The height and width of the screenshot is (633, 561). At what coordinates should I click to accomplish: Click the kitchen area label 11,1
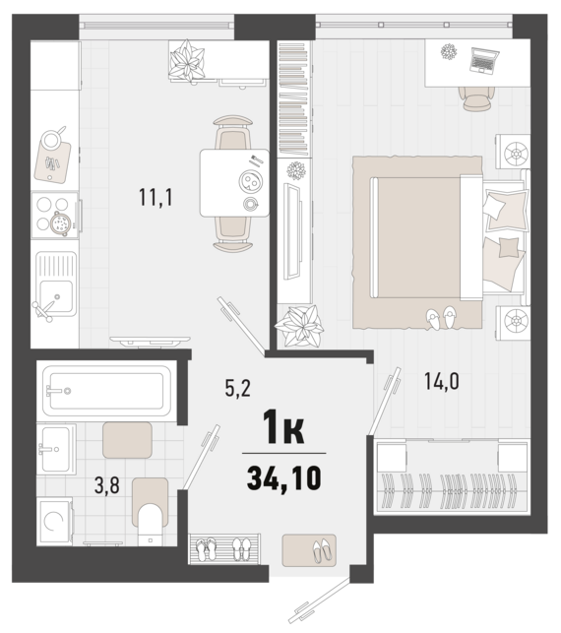(x=156, y=197)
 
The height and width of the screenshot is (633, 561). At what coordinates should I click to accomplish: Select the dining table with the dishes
(x=234, y=182)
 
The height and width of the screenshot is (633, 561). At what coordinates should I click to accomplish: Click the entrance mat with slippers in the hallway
(x=308, y=548)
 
